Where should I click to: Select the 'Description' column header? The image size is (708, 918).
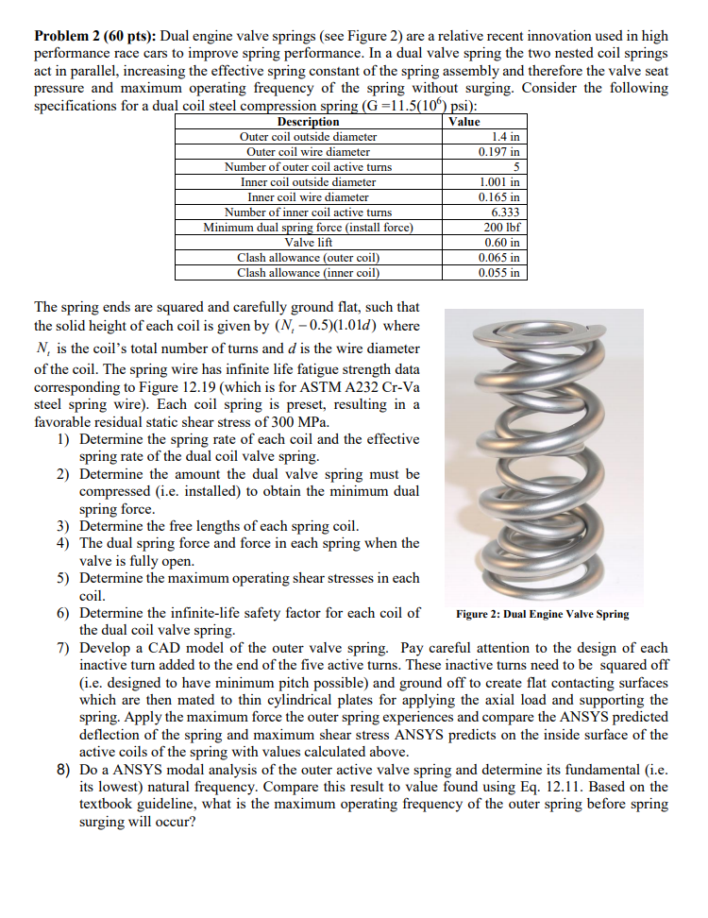click(308, 122)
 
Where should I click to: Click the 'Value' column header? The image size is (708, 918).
click(464, 122)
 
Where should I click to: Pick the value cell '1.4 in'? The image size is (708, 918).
click(503, 137)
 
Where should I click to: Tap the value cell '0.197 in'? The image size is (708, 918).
click(499, 151)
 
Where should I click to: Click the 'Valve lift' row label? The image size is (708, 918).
click(308, 242)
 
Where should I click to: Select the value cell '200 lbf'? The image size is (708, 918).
click(501, 227)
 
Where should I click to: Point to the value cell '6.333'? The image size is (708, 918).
click(505, 212)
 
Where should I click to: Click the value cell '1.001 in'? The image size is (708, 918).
click(499, 181)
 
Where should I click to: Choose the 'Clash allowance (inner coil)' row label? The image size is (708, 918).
click(308, 272)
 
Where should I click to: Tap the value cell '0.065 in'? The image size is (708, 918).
click(499, 257)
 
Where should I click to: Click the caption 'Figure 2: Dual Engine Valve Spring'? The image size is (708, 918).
click(542, 614)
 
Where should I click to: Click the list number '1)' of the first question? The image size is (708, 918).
click(62, 439)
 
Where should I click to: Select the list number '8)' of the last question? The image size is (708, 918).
click(62, 770)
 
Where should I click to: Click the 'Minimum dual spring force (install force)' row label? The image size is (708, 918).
click(308, 227)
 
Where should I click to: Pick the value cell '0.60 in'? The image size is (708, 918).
click(501, 242)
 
